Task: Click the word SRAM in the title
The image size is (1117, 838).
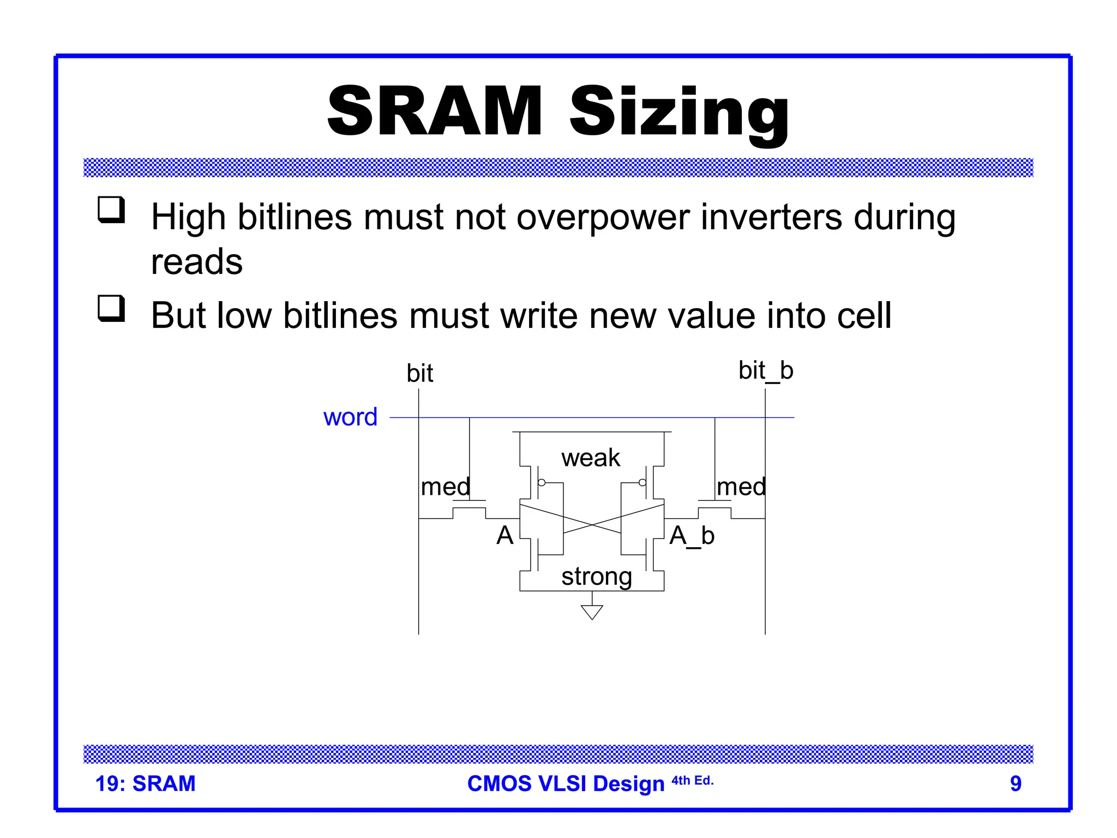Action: pyautogui.click(x=435, y=111)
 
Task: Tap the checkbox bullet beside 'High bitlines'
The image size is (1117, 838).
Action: pyautogui.click(x=111, y=209)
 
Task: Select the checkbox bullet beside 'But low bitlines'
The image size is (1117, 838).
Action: pyautogui.click(x=111, y=308)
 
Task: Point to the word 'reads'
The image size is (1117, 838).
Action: pyautogui.click(x=196, y=262)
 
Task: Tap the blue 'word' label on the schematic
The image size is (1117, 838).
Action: pyautogui.click(x=350, y=417)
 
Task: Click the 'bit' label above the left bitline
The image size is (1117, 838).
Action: pyautogui.click(x=419, y=374)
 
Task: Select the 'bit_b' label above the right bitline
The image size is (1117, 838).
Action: pyautogui.click(x=765, y=371)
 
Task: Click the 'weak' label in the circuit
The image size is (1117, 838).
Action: pyautogui.click(x=591, y=458)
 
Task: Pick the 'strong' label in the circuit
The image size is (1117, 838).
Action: pyautogui.click(x=597, y=577)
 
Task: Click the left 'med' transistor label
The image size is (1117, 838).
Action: pyautogui.click(x=445, y=487)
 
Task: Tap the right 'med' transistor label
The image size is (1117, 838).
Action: pyautogui.click(x=741, y=487)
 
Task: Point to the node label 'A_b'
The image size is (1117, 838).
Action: pyautogui.click(x=692, y=536)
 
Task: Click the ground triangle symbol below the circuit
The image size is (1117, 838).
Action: pyautogui.click(x=592, y=612)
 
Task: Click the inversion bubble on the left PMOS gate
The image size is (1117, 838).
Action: pyautogui.click(x=542, y=483)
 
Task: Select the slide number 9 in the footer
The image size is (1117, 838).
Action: pyautogui.click(x=1015, y=783)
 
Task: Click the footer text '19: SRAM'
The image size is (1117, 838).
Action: pyautogui.click(x=145, y=783)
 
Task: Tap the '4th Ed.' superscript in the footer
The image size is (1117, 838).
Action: pyautogui.click(x=692, y=781)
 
